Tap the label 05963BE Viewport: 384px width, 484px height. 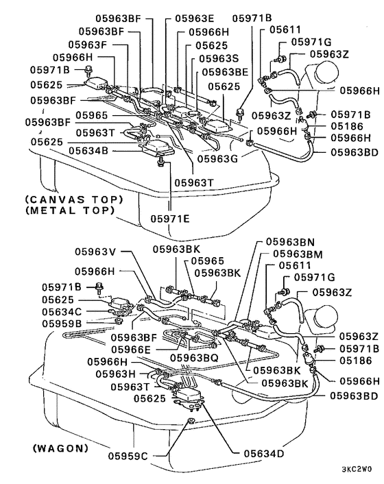click(x=226, y=72)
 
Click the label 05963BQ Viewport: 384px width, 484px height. click(x=194, y=358)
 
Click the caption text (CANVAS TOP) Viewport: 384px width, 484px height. click(x=73, y=199)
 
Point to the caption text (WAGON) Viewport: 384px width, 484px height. click(x=60, y=448)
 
